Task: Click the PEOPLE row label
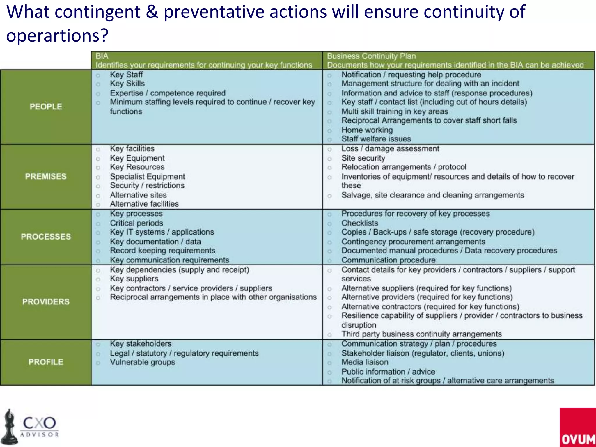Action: (x=46, y=107)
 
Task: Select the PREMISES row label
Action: (x=46, y=176)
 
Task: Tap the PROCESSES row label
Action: (x=46, y=237)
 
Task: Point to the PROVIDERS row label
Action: (x=46, y=301)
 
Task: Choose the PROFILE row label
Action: (x=46, y=362)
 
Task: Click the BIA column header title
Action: (x=102, y=56)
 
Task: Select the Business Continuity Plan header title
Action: (x=371, y=56)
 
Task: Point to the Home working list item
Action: (x=367, y=130)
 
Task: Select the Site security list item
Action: (x=363, y=158)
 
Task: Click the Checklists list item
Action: (x=360, y=223)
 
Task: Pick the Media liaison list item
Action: (x=365, y=362)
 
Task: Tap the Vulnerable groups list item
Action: (x=142, y=362)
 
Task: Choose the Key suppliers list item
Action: (x=134, y=279)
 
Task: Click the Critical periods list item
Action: (x=136, y=223)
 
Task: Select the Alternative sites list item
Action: (x=138, y=195)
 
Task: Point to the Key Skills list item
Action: (x=127, y=84)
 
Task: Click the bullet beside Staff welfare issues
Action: (x=329, y=139)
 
